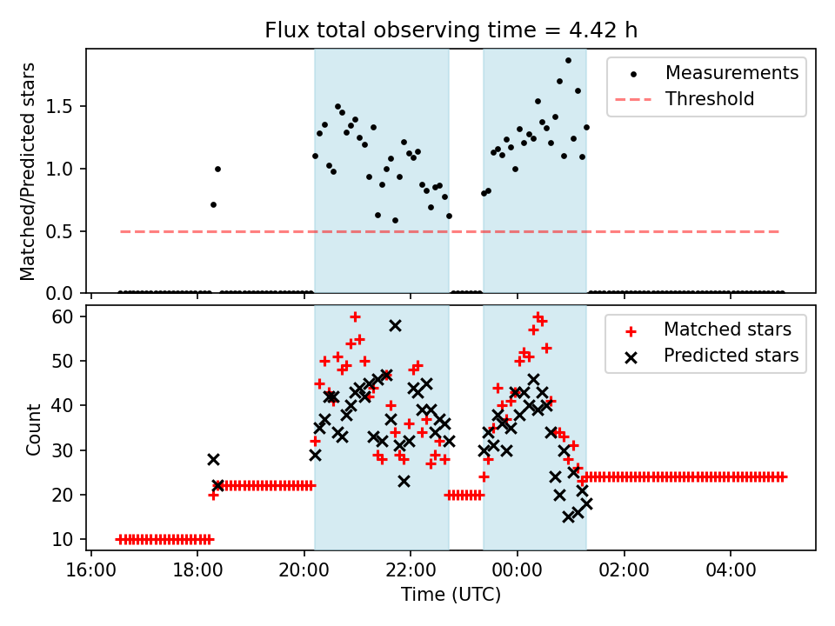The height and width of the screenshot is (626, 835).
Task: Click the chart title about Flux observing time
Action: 451,30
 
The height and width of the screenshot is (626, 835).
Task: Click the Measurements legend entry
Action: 731,73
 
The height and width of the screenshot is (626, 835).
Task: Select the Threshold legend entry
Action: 710,99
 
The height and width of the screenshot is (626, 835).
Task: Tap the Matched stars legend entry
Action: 727,330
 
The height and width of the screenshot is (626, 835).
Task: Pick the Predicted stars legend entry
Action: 731,356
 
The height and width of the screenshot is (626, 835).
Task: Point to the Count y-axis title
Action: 34,430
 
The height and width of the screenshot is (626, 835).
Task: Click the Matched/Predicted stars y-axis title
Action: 29,171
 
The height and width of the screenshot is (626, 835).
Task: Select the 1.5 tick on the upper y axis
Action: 66,107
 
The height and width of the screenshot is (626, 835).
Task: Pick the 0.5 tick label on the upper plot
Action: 66,231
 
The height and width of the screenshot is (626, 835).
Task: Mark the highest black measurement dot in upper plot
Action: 568,60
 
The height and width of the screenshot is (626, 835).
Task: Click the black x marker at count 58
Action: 395,325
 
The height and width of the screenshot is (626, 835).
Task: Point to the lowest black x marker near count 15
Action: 569,516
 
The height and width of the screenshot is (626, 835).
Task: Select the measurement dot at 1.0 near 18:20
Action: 217,169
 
